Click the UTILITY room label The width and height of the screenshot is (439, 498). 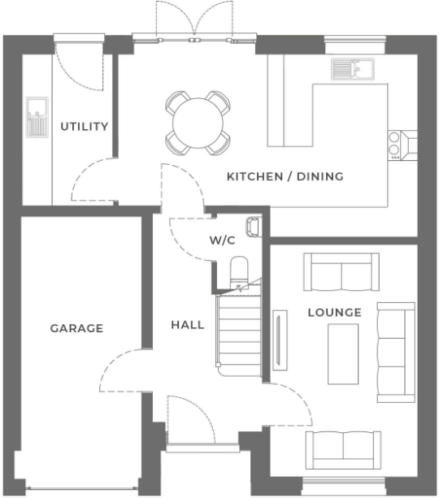85,127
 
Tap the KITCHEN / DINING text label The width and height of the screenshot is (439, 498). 285,176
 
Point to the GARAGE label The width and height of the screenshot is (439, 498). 76,328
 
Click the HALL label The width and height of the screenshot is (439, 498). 187,325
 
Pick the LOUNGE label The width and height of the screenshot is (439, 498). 334,312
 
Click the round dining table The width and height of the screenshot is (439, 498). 198,123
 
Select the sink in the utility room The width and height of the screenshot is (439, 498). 37,119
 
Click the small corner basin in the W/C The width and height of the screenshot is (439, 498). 253,225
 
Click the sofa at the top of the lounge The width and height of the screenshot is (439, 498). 341,271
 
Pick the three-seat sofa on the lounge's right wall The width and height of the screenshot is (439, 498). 396,350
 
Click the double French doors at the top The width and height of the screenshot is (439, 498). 194,20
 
